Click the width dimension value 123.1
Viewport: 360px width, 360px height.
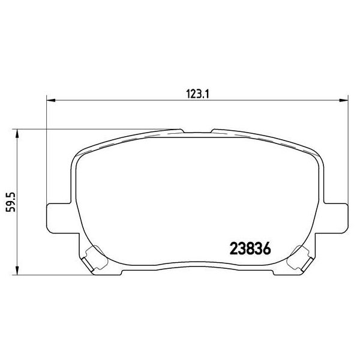pos(197,93)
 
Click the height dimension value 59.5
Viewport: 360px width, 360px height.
pos(9,203)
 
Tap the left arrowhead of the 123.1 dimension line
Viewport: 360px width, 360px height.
pos(50,100)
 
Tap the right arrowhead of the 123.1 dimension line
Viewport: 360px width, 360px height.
pos(343,100)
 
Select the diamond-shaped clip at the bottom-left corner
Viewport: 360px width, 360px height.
pos(91,258)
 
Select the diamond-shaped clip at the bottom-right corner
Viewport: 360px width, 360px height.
pos(298,258)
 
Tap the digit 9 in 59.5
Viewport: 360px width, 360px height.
pos(9,207)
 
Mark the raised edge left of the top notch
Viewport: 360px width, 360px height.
pos(150,134)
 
